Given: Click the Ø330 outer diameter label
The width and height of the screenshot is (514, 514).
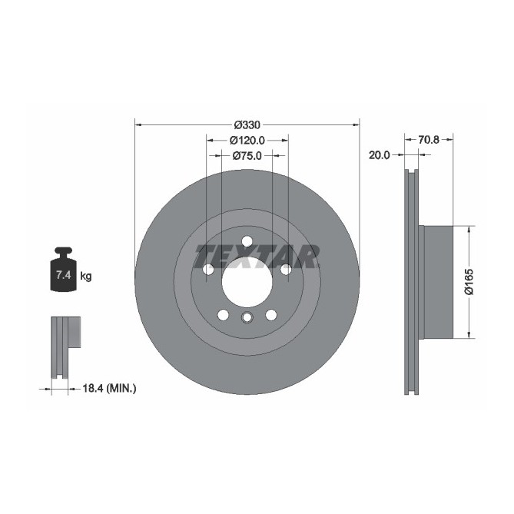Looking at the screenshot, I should click(x=247, y=124).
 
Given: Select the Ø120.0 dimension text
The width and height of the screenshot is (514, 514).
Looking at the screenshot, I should click(x=247, y=140).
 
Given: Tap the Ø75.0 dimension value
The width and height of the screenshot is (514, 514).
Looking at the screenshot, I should click(x=247, y=155).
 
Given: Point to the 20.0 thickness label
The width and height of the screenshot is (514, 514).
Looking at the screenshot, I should click(x=380, y=154).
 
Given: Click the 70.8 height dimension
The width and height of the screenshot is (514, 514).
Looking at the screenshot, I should click(x=429, y=140).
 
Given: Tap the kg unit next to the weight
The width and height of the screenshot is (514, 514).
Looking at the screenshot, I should click(x=86, y=276).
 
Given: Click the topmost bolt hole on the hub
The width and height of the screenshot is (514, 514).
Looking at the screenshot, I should click(x=247, y=241).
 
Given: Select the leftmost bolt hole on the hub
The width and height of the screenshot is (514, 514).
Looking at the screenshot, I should click(x=208, y=270).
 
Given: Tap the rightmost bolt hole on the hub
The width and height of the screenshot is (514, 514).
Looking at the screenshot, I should click(x=285, y=270).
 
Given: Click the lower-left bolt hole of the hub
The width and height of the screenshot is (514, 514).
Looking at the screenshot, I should click(x=223, y=314).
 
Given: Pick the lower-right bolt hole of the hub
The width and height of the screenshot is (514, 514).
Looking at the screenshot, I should click(x=270, y=314).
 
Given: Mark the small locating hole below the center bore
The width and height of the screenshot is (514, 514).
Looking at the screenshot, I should click(x=247, y=318).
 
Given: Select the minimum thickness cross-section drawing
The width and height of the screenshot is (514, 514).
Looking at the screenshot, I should click(x=63, y=346).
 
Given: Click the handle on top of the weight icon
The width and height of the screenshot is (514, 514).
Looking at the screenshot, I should click(x=62, y=251).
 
